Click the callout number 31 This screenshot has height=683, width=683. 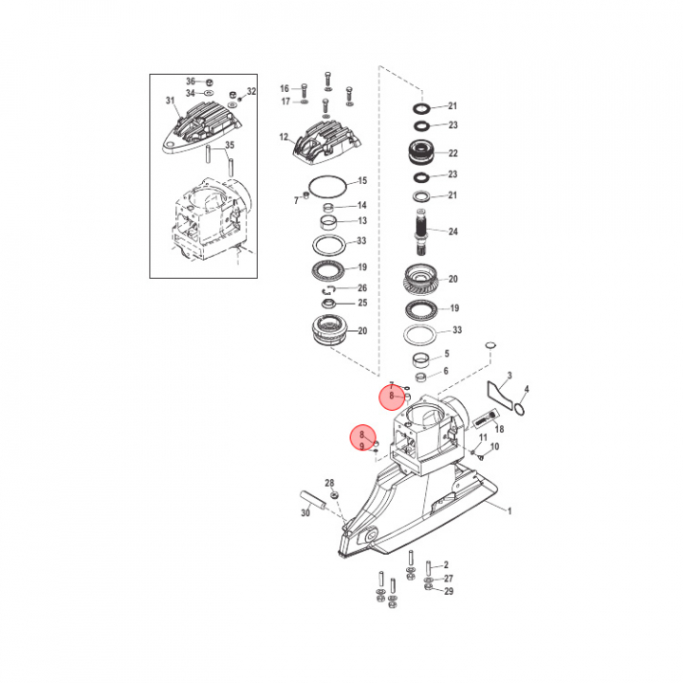coord(170,102)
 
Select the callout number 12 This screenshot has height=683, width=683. coord(284,138)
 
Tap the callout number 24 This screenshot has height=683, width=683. coord(453,231)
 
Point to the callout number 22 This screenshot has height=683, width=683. coord(453,154)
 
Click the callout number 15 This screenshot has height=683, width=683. coord(362,181)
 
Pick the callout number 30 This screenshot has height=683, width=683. coord(305,513)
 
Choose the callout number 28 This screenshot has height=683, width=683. coord(330,483)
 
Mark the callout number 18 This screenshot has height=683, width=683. coord(499,429)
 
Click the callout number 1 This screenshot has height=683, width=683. coord(509,511)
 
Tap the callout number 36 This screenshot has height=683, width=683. coord(191,82)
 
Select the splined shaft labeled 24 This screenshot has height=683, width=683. coord(421,231)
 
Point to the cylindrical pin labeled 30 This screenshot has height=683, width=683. coord(313,501)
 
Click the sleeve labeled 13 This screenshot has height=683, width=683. coord(329,223)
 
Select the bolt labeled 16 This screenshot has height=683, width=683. coord(305,91)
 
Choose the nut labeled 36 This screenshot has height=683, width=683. coord(209,82)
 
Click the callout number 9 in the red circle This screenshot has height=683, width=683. coord(361,446)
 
